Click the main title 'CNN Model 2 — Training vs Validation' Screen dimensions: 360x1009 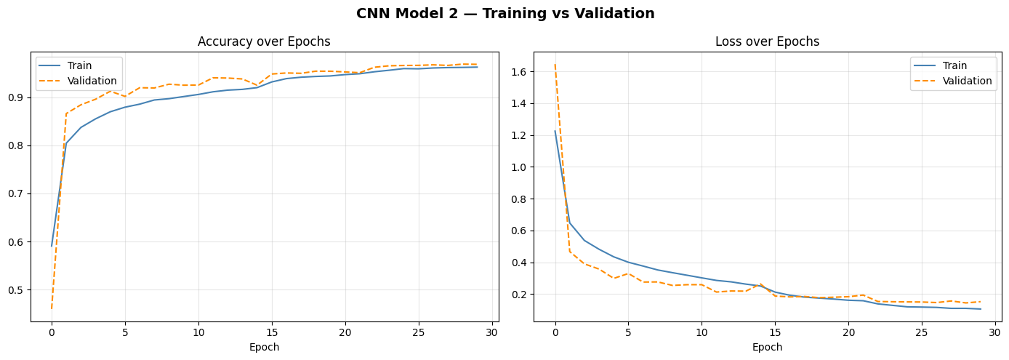click(504, 14)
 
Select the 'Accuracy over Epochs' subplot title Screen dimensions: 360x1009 click(264, 42)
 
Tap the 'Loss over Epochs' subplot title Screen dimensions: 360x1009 click(767, 42)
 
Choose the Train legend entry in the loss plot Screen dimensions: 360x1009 click(954, 66)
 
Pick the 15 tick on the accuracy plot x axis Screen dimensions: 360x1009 click(272, 332)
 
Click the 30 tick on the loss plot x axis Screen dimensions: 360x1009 click(995, 332)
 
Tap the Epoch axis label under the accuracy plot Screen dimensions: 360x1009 click(264, 348)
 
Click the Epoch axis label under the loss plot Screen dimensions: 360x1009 click(767, 348)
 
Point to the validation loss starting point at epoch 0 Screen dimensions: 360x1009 click(555, 65)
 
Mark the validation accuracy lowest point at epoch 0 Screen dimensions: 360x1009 click(52, 308)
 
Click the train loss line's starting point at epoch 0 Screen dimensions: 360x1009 click(555, 132)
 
